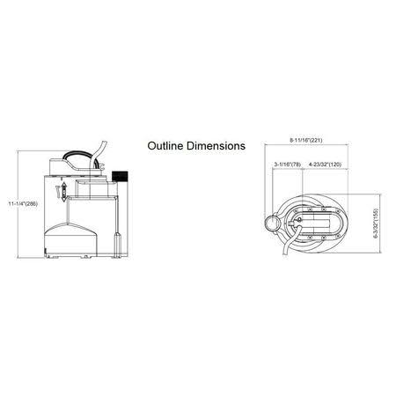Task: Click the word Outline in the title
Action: coord(165,146)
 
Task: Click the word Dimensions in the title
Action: coord(216,146)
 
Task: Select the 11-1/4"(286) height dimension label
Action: coord(23,203)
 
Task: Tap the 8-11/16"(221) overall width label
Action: coord(306,140)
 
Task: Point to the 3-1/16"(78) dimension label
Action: coord(288,165)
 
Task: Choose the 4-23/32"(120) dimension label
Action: coord(325,165)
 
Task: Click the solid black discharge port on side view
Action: coord(120,176)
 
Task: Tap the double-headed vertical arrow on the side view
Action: coord(64,192)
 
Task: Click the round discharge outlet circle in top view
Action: coord(272,223)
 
